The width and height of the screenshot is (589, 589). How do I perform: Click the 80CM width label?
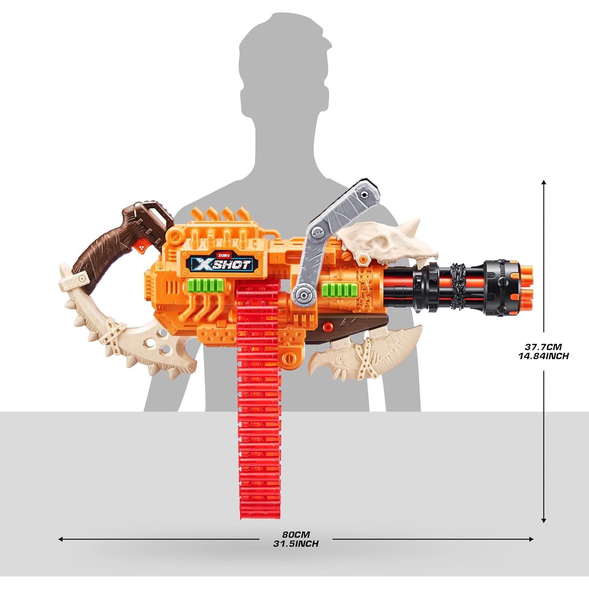pos(296,534)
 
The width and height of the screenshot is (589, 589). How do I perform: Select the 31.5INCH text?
pos(296,544)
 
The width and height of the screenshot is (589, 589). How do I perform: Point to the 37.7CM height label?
pos(544,347)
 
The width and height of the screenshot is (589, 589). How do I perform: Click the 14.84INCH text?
pos(544,356)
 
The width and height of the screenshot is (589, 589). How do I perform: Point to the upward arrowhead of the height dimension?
pos(544,183)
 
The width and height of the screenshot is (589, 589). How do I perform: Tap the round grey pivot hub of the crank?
pos(303,295)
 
